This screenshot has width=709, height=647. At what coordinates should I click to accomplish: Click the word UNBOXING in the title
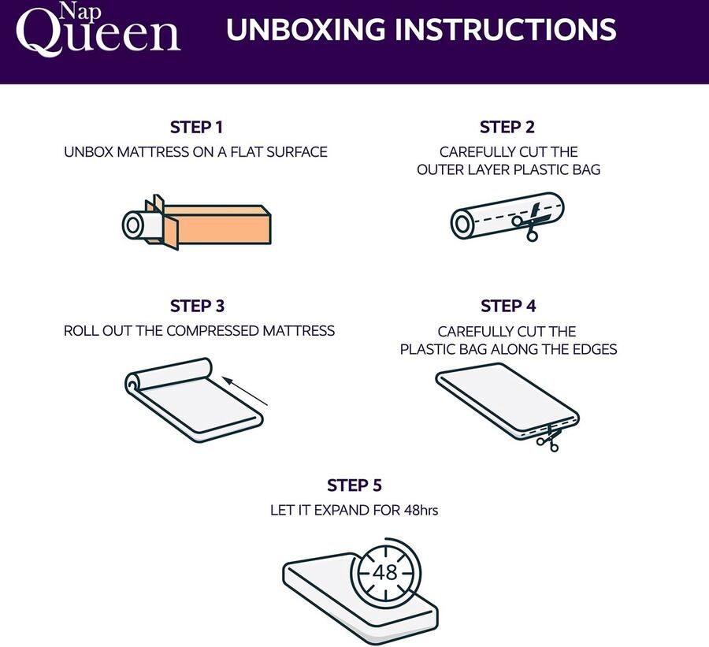tap(306, 29)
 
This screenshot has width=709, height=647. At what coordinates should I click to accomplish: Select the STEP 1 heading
tap(197, 127)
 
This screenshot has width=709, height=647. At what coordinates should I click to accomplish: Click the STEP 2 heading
tap(507, 127)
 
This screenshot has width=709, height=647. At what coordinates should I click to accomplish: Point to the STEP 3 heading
tap(197, 306)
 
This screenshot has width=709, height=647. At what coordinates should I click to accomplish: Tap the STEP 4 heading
tap(508, 306)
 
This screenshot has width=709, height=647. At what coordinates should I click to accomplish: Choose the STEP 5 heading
tap(354, 485)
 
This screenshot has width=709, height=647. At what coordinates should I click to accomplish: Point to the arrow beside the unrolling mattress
tap(246, 392)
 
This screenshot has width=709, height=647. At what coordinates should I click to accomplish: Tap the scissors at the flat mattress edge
tap(548, 437)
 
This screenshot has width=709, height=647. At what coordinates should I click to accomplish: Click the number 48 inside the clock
tap(385, 572)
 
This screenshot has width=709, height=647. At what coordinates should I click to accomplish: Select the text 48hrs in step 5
tap(421, 511)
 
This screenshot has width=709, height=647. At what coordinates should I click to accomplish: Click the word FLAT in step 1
tap(246, 152)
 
